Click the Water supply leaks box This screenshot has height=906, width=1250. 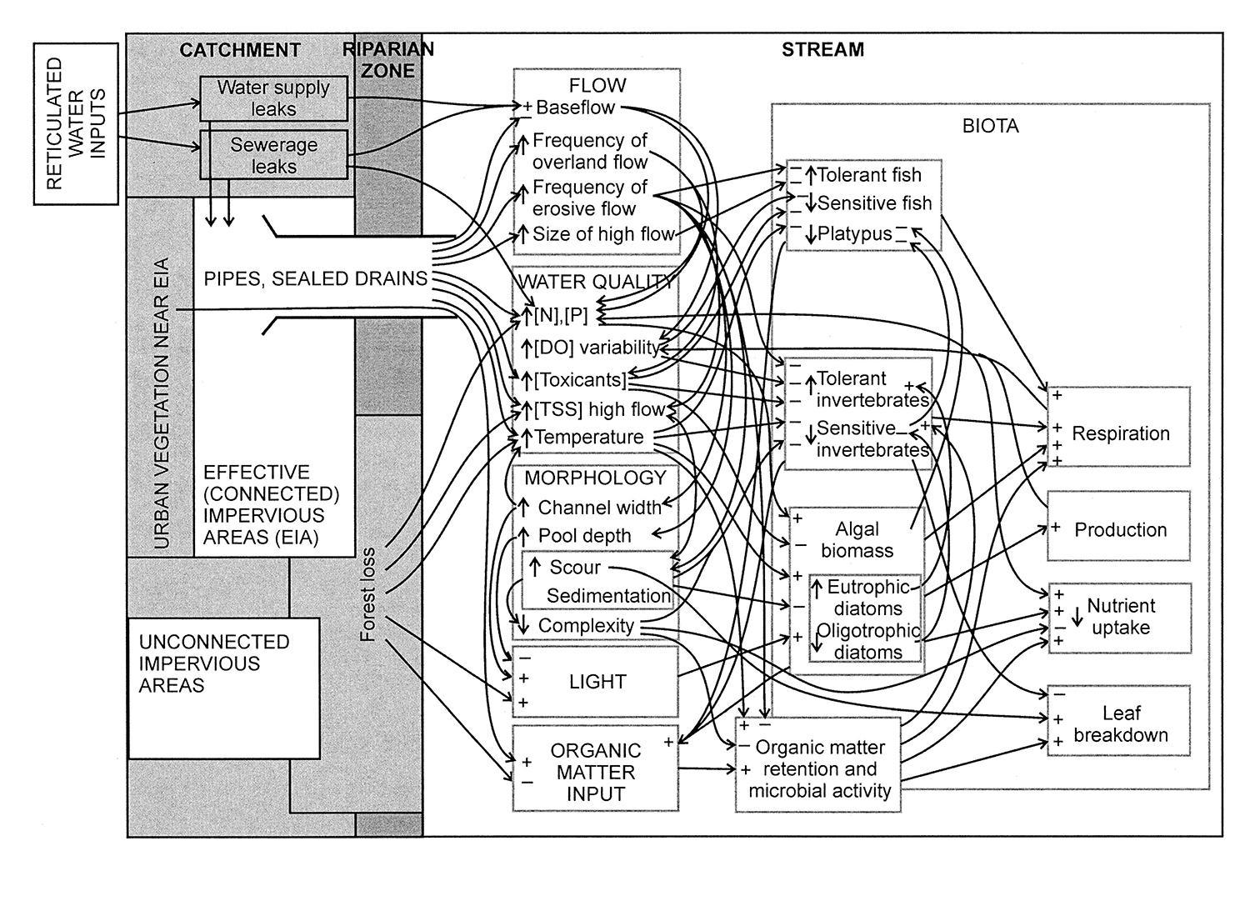273,98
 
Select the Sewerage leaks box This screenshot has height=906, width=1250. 273,155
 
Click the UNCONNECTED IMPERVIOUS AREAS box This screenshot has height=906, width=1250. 223,688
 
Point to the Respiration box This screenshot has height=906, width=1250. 1119,426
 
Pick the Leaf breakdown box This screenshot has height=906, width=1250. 1119,720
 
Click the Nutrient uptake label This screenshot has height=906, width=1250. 1120,617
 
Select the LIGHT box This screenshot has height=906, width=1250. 596,682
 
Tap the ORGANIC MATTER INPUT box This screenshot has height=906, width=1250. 596,772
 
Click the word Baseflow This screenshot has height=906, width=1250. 575,108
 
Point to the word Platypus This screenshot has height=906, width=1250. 854,234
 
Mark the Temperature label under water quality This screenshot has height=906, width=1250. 588,437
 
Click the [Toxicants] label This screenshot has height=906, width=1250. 580,380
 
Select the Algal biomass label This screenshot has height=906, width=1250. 857,539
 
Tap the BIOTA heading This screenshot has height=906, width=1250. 990,127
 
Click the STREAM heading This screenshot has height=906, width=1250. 822,50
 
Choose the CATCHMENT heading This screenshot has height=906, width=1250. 240,50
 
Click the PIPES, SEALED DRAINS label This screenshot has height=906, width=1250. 315,278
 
